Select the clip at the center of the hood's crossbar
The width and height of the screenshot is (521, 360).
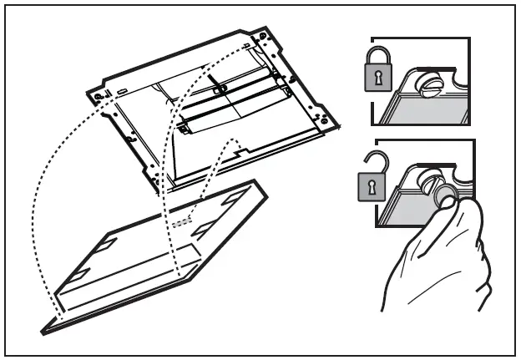click(218, 88)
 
